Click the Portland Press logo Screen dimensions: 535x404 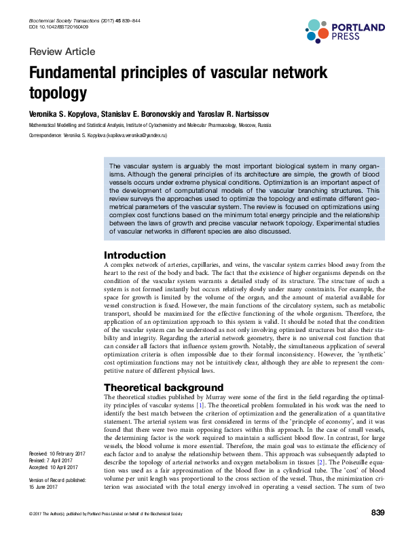pyautogui.click(x=344, y=31)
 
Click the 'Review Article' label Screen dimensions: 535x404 pyautogui.click(x=62, y=52)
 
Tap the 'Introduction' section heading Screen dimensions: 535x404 pyautogui.click(x=134, y=255)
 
